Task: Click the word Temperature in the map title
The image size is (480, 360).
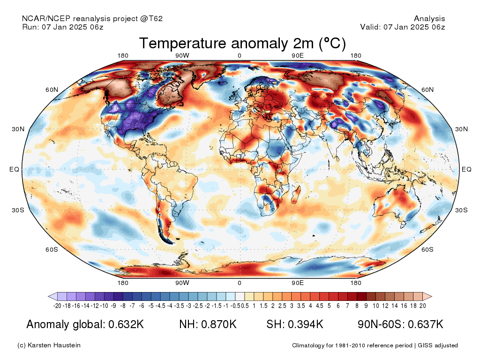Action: (183, 44)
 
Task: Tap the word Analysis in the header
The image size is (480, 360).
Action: (429, 19)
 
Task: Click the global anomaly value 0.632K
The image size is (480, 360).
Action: (126, 324)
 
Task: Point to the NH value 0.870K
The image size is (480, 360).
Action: (219, 324)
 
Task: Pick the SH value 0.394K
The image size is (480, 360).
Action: (306, 324)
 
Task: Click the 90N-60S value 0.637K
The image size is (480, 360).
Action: (426, 324)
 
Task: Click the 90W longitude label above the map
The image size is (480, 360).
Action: (182, 56)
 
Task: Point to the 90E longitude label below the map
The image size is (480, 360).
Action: (298, 283)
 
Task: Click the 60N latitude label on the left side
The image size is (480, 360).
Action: (52, 90)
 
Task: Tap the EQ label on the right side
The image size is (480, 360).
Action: (466, 169)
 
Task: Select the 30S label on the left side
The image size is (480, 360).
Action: (18, 210)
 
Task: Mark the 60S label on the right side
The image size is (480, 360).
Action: (427, 249)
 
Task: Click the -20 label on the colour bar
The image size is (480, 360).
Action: (57, 306)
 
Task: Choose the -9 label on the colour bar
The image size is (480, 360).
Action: (113, 306)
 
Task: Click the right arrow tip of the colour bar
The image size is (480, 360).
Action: (432, 296)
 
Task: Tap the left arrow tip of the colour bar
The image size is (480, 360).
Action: (48, 296)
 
